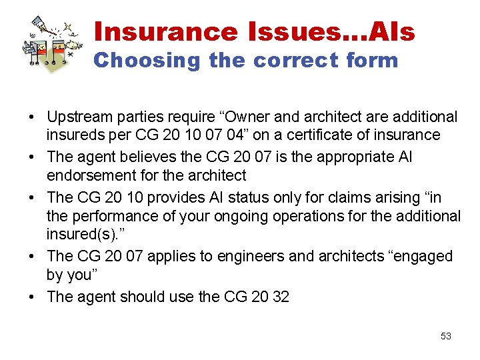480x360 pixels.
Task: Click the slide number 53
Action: pyautogui.click(x=446, y=336)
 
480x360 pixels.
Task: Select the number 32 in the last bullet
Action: pyautogui.click(x=281, y=297)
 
